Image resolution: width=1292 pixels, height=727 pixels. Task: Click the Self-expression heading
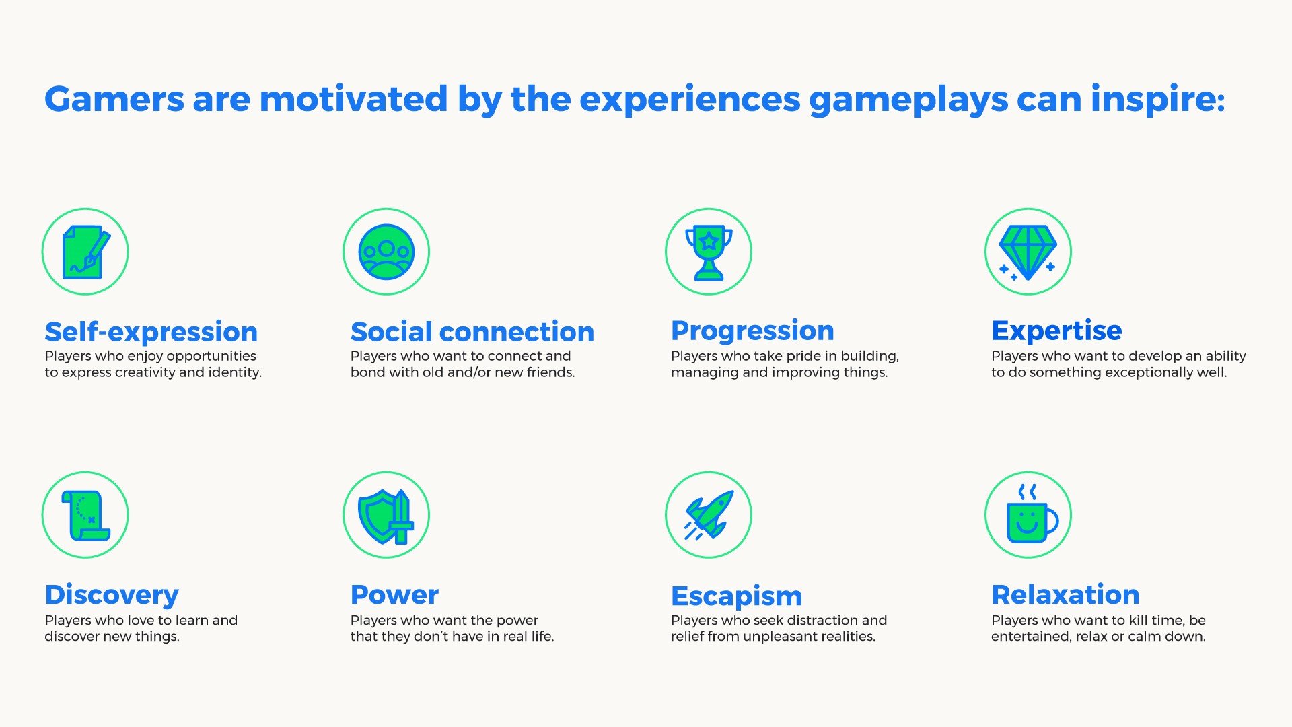(x=151, y=332)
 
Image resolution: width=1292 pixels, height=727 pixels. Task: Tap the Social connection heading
(x=472, y=332)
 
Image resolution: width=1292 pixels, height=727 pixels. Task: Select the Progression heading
(x=752, y=331)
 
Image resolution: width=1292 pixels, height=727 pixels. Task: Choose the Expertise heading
(x=1056, y=331)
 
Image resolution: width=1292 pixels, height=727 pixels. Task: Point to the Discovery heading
(x=112, y=595)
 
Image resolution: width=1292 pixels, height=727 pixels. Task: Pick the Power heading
(x=394, y=594)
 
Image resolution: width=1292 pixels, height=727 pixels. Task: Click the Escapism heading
(x=737, y=596)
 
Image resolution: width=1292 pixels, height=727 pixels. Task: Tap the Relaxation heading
(x=1065, y=594)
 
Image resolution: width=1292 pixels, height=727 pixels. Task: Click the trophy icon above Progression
(x=709, y=252)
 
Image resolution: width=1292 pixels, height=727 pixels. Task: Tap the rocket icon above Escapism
(x=709, y=515)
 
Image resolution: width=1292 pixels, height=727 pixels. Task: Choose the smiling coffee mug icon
(x=1031, y=514)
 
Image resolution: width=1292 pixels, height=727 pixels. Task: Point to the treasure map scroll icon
(x=86, y=515)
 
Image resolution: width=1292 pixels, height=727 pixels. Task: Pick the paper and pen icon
(x=86, y=252)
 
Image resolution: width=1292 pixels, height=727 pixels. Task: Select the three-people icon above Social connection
(x=386, y=252)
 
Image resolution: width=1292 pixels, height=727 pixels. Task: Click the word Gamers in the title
(x=114, y=99)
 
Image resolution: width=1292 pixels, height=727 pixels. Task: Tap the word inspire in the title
(x=1157, y=100)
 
